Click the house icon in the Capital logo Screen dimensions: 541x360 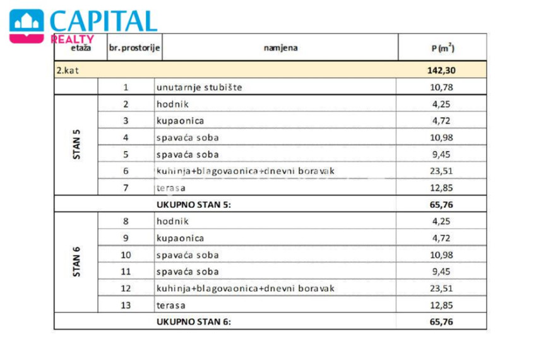(x=27, y=26)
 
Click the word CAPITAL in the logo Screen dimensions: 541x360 (x=104, y=21)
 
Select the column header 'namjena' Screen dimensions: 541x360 (x=280, y=47)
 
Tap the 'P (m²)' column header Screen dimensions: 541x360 (x=443, y=47)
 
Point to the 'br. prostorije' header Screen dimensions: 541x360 (x=134, y=47)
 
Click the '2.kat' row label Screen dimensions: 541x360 (x=68, y=70)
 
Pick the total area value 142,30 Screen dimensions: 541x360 (x=441, y=70)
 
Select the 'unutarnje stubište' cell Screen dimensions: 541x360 (x=199, y=87)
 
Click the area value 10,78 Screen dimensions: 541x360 (x=441, y=87)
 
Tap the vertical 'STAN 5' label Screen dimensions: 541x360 (x=76, y=144)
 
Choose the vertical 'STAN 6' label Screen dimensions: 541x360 (x=76, y=261)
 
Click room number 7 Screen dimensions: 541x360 (x=126, y=188)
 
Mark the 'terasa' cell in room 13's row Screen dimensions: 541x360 (x=171, y=306)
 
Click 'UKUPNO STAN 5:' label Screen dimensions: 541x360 (x=194, y=205)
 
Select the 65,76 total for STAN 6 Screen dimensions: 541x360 (x=441, y=321)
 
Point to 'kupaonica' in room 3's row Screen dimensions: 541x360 (x=180, y=121)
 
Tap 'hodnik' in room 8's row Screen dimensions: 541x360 (x=172, y=221)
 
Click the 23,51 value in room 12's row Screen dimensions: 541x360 (x=441, y=288)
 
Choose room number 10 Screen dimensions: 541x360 (x=126, y=255)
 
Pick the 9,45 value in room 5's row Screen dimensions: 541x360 (x=441, y=154)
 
